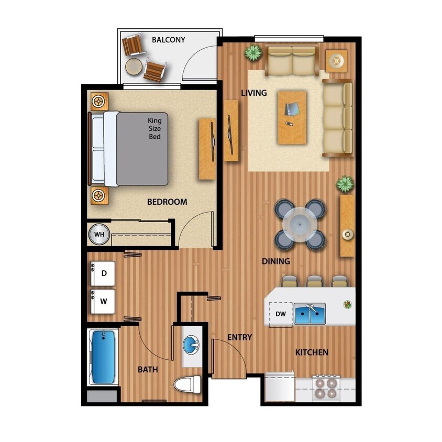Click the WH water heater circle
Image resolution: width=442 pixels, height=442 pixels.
(x=99, y=235)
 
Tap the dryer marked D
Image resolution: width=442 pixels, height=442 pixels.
(x=104, y=273)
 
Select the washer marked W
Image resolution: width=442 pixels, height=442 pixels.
(x=104, y=302)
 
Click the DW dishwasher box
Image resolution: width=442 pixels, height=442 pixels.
(x=280, y=315)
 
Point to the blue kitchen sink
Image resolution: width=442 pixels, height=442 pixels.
(x=310, y=315)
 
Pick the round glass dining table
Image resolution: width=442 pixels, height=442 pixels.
(x=300, y=225)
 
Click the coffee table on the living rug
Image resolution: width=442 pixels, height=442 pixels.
(x=292, y=117)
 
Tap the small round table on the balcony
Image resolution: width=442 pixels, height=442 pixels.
(x=133, y=66)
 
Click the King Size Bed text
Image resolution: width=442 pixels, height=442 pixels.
(x=154, y=128)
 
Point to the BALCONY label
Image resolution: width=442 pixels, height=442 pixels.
(x=168, y=39)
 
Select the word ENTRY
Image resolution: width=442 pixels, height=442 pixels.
(x=239, y=337)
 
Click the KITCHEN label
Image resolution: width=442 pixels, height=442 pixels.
(x=312, y=352)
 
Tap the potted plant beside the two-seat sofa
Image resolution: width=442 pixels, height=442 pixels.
(x=253, y=52)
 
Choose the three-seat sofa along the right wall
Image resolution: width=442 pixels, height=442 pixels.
(x=337, y=118)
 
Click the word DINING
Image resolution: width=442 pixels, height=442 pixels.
(x=276, y=261)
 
